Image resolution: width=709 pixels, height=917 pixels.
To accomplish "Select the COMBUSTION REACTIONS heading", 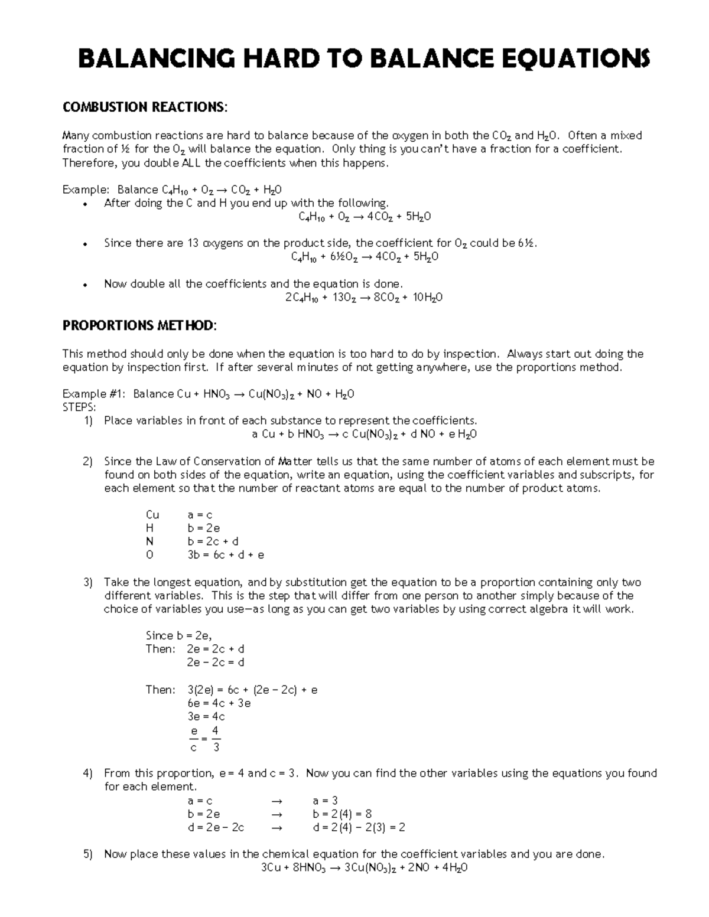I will (144, 107).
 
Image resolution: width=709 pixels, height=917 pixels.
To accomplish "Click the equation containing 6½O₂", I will (365, 257).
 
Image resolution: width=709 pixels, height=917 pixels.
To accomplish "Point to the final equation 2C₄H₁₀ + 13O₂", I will (364, 298).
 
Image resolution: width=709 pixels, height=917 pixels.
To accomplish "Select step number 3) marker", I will (88, 582).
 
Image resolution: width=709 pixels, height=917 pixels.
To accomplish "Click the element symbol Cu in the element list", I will (152, 515).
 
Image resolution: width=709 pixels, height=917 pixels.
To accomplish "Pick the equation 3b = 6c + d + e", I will (226, 555).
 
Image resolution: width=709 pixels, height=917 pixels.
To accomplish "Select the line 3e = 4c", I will (206, 717).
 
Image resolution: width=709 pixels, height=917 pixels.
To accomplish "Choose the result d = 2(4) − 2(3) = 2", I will (359, 827).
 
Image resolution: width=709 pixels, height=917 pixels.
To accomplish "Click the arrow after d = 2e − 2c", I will (276, 828).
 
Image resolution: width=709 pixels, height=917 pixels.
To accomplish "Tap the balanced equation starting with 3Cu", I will (364, 868).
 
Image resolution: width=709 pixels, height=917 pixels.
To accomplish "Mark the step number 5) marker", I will (88, 854).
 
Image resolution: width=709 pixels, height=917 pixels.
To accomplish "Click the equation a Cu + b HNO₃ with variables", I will (364, 435).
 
